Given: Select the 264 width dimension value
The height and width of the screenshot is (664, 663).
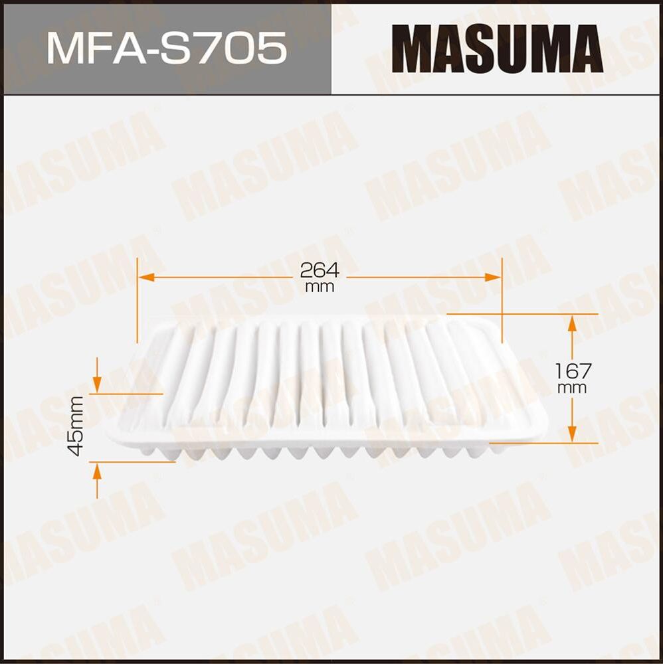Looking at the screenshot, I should pos(320,270).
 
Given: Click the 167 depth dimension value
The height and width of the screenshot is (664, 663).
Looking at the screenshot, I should pos(573,371).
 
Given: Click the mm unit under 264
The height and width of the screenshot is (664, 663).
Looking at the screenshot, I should pos(320,288).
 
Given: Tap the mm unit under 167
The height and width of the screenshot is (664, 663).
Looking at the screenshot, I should pos(573,388).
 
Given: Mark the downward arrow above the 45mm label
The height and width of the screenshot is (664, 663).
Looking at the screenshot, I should pos(97,383).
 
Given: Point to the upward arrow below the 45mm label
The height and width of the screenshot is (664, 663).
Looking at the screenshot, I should pos(97,471).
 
